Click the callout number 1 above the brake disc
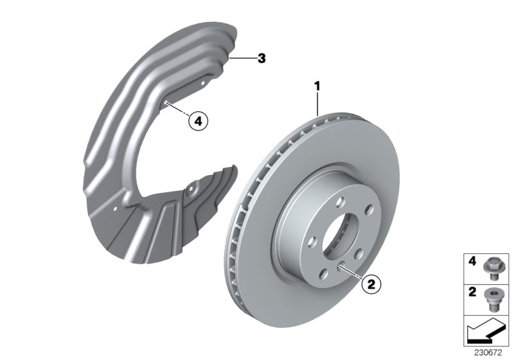[317, 84]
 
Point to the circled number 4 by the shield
[198, 120]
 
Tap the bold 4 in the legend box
[472, 262]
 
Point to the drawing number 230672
[488, 353]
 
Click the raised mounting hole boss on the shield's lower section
[190, 191]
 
